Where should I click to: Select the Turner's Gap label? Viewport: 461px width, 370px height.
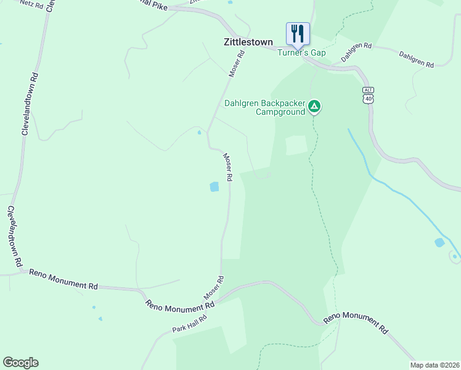(x=301, y=53)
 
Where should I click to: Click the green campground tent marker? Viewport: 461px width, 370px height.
(x=314, y=107)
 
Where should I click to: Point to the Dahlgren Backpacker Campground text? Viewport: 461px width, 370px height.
(x=264, y=107)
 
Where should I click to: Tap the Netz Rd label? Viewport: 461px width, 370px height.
(x=30, y=4)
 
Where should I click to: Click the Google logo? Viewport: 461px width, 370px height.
(x=20, y=363)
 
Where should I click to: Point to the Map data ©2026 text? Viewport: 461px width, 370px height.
(x=434, y=365)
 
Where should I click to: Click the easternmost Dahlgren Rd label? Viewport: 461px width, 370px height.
(x=417, y=59)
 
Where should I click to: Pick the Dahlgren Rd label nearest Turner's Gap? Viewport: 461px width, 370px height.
(x=357, y=51)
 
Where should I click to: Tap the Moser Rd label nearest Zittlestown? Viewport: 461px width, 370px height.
(x=237, y=64)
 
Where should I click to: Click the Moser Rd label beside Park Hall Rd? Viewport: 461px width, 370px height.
(x=214, y=288)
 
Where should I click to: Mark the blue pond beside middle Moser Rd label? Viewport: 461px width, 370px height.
(x=214, y=187)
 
